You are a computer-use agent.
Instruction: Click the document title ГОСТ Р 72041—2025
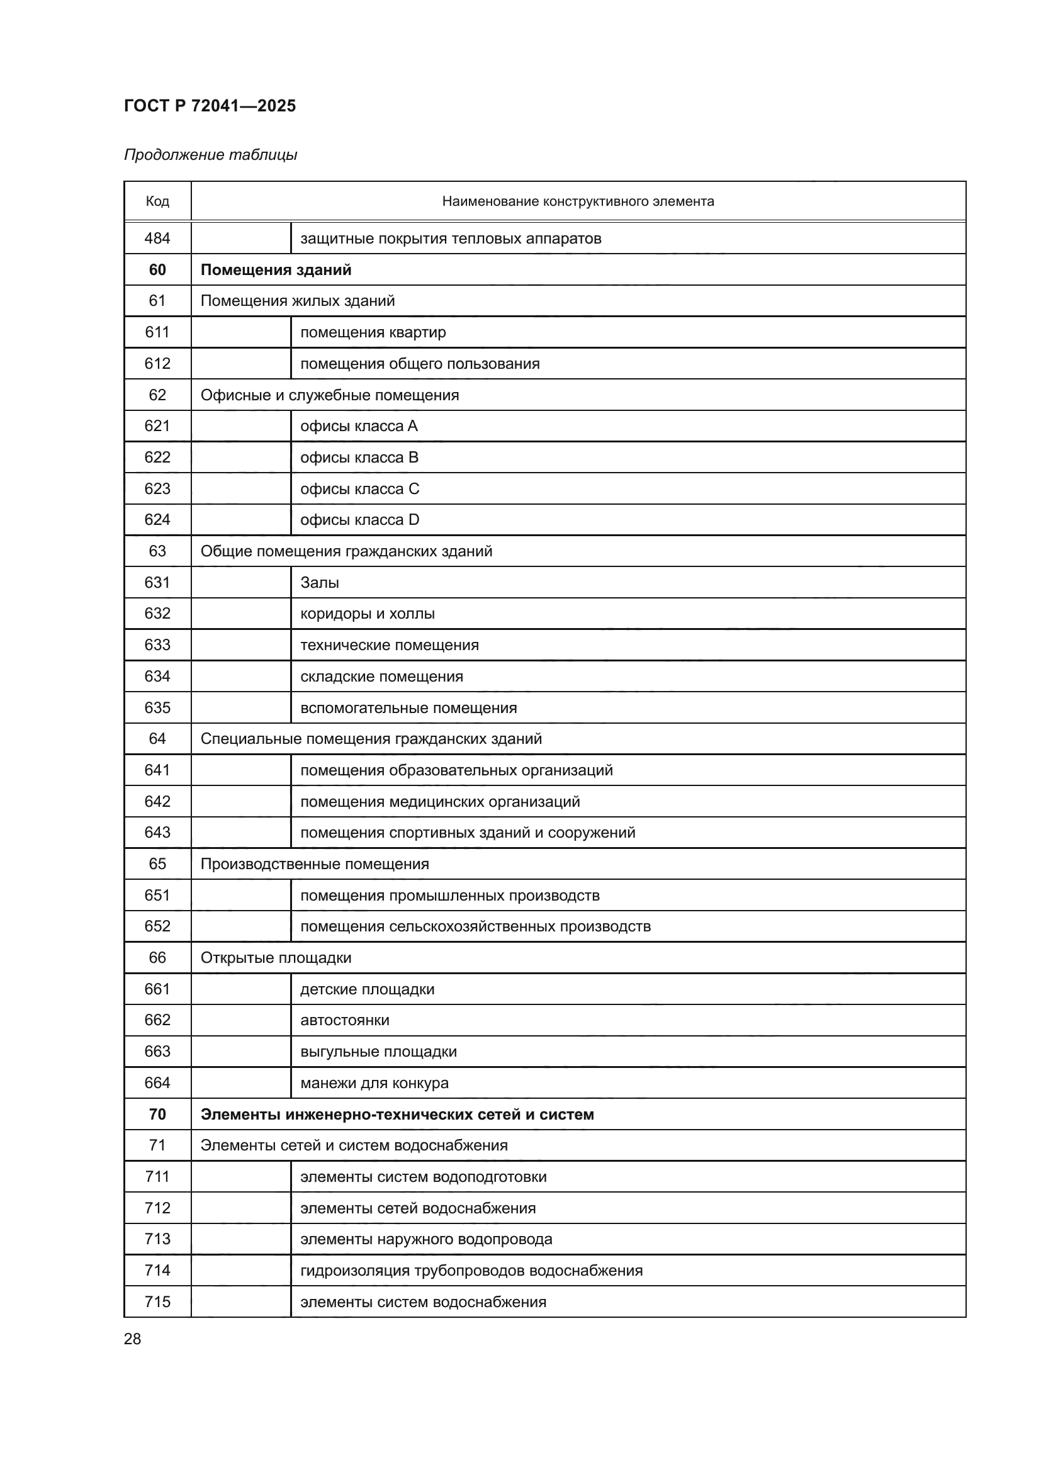click(210, 106)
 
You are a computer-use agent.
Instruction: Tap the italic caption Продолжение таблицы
click(210, 155)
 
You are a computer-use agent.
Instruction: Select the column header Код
click(157, 201)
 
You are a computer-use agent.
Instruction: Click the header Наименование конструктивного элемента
click(578, 201)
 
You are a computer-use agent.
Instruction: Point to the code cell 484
click(157, 239)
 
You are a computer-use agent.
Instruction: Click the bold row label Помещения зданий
click(276, 270)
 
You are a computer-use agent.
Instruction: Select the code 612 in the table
click(157, 364)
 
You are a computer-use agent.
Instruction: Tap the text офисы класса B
click(359, 457)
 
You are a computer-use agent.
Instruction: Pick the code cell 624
click(157, 519)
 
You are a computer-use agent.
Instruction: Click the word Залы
click(319, 582)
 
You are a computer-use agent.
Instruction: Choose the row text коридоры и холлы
click(368, 614)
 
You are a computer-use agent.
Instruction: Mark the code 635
click(157, 708)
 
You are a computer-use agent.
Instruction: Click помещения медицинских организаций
click(440, 801)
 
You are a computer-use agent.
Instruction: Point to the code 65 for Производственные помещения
click(157, 863)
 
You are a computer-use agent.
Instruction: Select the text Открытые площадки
click(276, 958)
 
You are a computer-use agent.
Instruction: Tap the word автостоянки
click(344, 1020)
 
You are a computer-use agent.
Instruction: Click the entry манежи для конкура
click(374, 1083)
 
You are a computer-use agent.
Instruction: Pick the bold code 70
click(157, 1115)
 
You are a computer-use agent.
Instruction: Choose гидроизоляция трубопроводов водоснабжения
click(471, 1270)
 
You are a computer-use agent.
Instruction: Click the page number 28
click(133, 1339)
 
